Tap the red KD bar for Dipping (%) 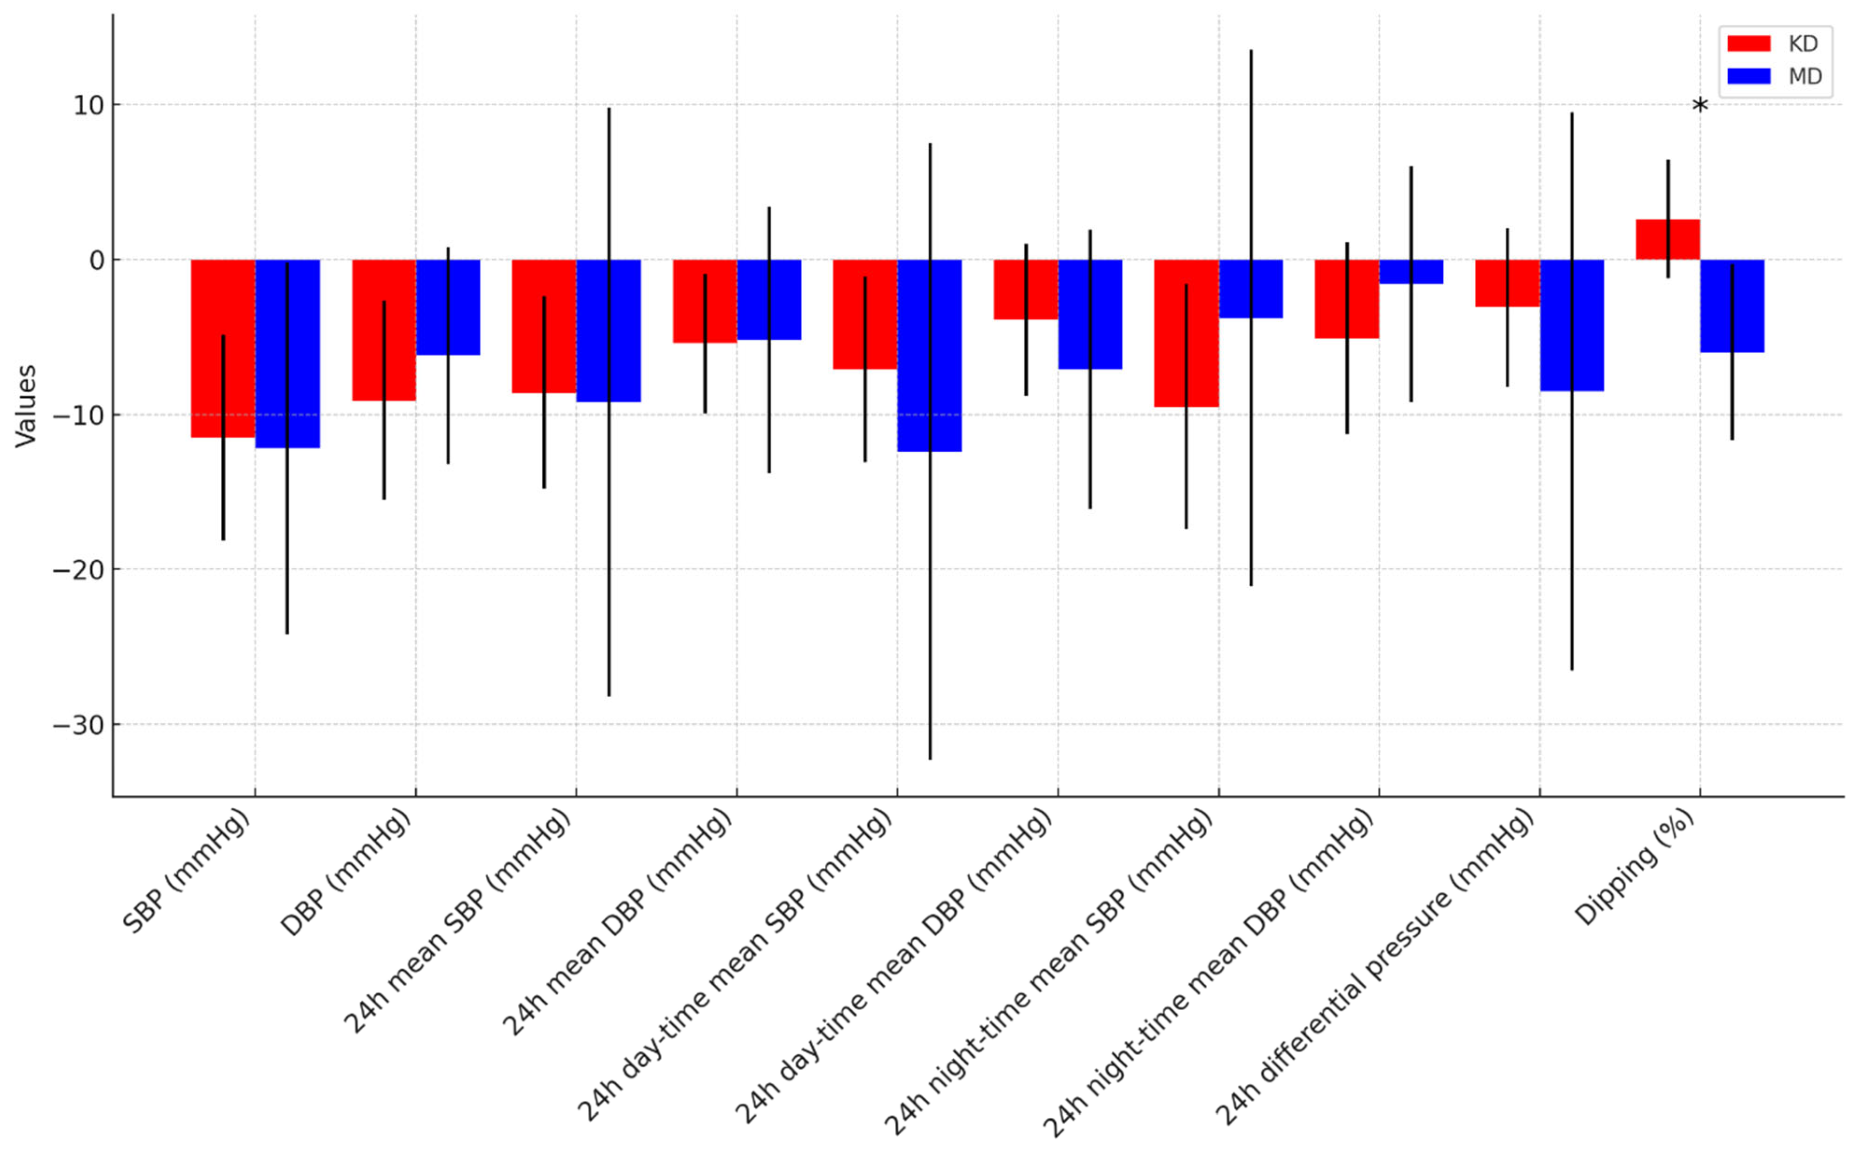pos(1667,240)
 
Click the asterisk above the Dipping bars pos(1700,107)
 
